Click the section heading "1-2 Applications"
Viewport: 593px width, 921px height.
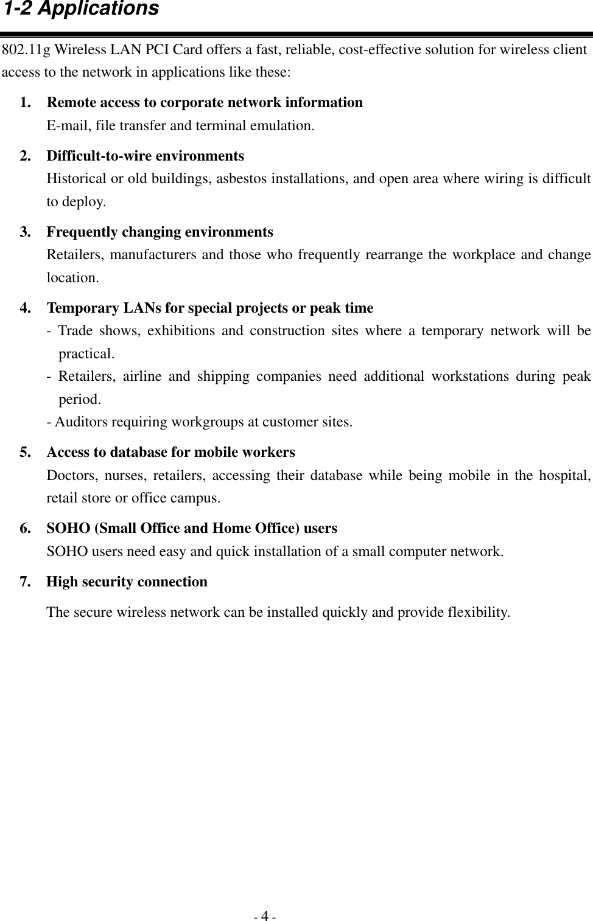tap(81, 10)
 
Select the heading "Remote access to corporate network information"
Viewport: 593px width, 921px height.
tap(205, 102)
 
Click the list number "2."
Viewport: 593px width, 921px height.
tap(27, 156)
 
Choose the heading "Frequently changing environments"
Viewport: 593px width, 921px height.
tap(160, 232)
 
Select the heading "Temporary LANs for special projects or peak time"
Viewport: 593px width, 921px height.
tap(210, 308)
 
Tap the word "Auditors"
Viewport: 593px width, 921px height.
tap(80, 422)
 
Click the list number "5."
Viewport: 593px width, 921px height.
tap(27, 453)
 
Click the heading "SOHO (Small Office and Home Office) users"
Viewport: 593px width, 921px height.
tap(192, 528)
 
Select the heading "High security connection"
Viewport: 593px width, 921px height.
tap(127, 582)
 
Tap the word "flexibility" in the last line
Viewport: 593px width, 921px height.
tap(477, 612)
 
